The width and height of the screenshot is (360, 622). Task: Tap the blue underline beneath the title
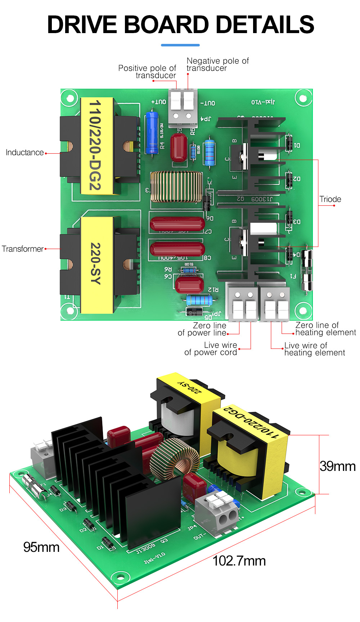tap(180, 45)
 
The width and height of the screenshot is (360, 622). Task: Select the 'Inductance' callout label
tap(24, 153)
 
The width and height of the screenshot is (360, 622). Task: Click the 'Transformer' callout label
tap(22, 249)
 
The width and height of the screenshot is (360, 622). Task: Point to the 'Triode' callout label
tap(330, 199)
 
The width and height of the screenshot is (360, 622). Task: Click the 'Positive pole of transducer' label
tap(147, 72)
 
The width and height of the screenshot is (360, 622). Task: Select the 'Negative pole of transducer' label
tap(217, 64)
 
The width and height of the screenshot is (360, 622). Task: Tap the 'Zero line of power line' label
tap(202, 329)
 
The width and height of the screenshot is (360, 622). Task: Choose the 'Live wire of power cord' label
tap(211, 349)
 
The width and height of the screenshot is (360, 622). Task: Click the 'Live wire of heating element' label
tap(314, 349)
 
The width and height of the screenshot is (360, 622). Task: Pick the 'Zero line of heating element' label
tap(325, 329)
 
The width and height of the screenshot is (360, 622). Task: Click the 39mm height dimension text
tap(338, 466)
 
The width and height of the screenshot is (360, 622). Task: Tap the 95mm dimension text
tap(41, 547)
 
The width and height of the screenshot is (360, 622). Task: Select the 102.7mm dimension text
tap(239, 561)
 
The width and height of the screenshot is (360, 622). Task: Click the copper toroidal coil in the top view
tap(176, 186)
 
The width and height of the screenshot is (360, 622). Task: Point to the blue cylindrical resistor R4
tap(152, 133)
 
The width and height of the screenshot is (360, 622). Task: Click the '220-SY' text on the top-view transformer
tap(96, 264)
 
